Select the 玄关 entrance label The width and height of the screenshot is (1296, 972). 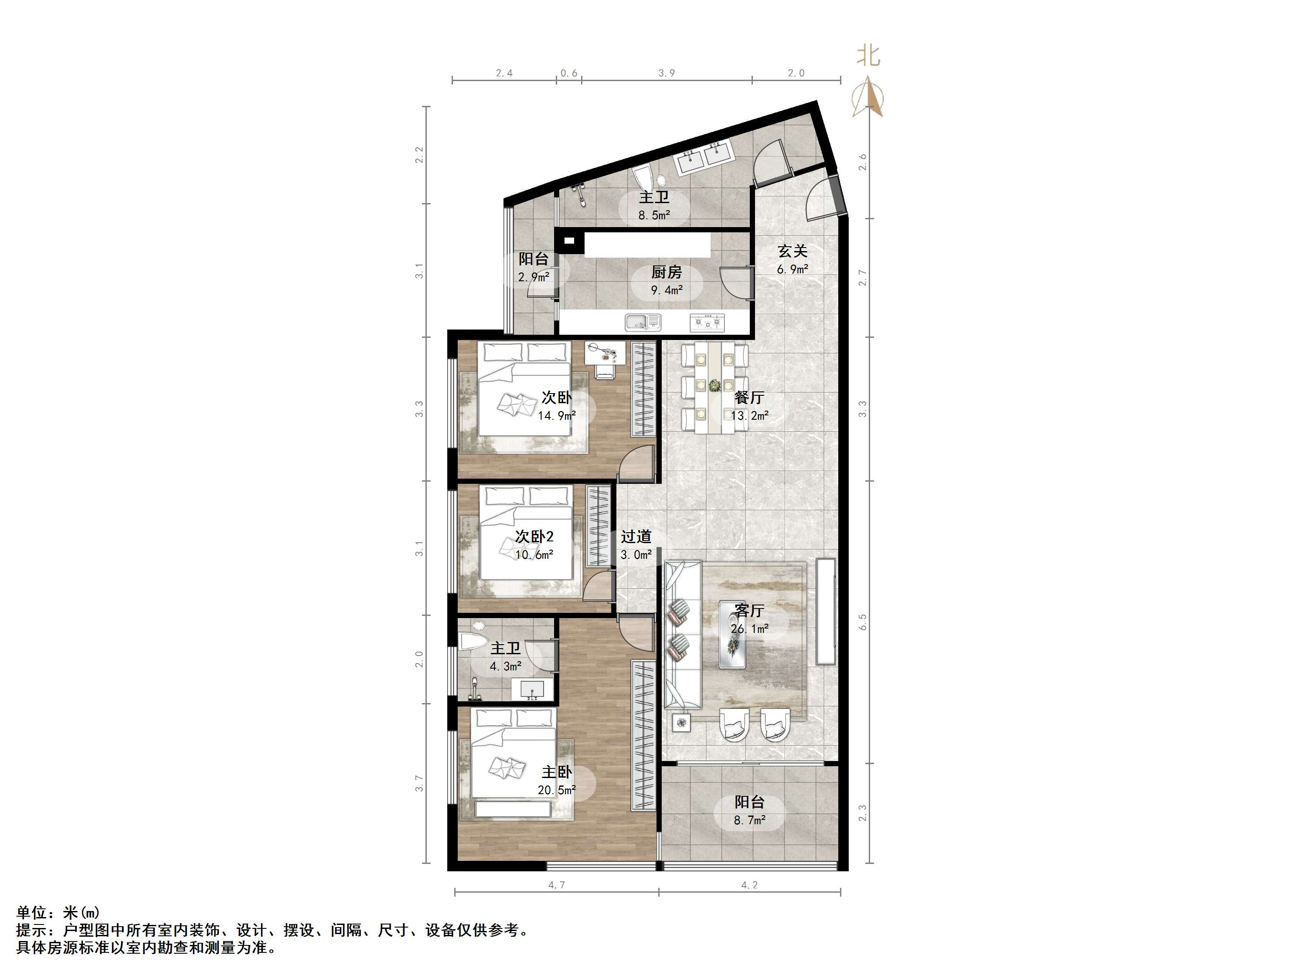click(792, 251)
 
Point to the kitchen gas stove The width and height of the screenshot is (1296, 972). click(707, 322)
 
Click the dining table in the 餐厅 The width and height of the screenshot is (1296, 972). click(715, 388)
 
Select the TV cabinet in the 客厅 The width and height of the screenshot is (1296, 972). click(826, 612)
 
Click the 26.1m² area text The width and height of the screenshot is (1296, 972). click(749, 629)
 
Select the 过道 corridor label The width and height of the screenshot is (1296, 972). click(636, 536)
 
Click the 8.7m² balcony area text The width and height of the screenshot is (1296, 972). click(749, 821)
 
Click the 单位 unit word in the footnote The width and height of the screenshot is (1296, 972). click(32, 912)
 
